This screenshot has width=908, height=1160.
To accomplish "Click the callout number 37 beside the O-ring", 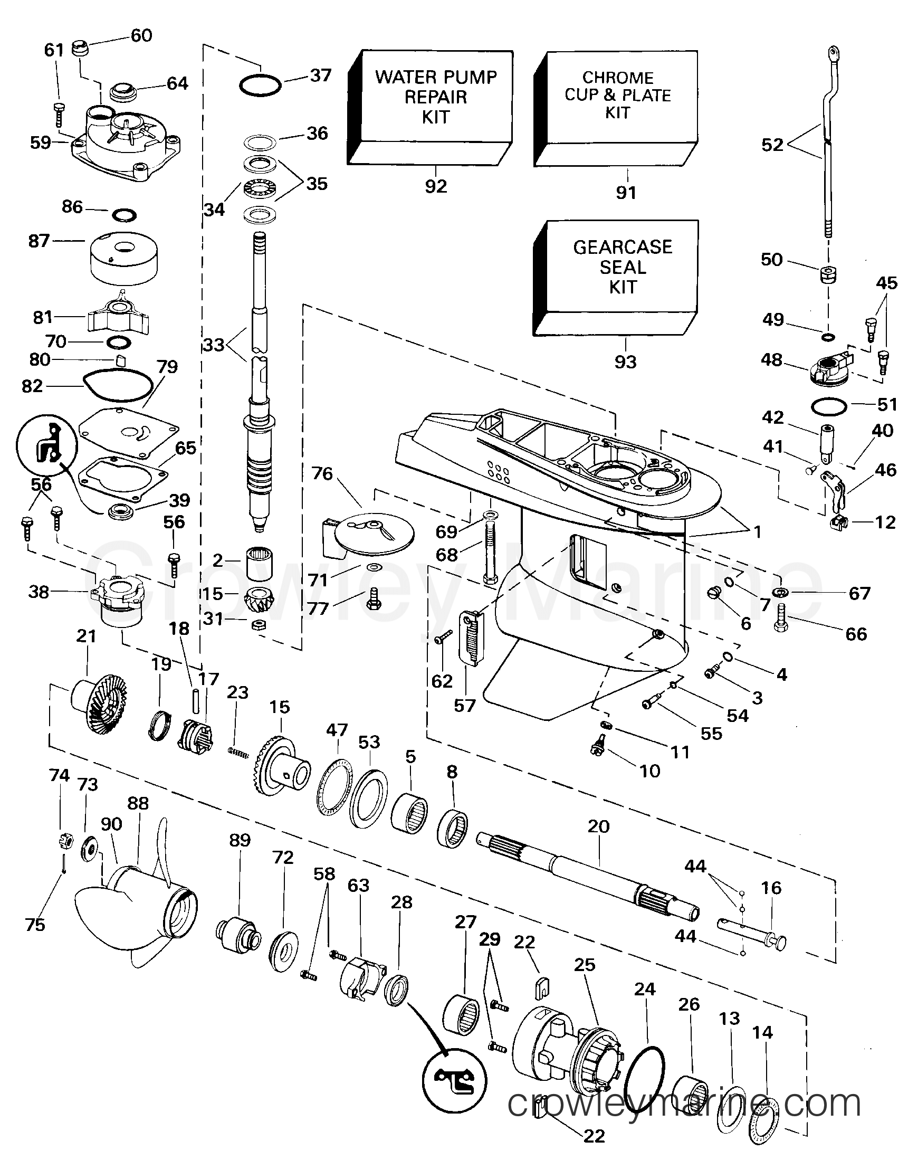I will pyautogui.click(x=321, y=75).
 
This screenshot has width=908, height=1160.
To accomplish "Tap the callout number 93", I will pyautogui.click(x=625, y=362).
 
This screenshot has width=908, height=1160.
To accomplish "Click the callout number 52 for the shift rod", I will pyautogui.click(x=772, y=145).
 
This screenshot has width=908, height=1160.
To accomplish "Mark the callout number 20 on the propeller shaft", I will pyautogui.click(x=598, y=826).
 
